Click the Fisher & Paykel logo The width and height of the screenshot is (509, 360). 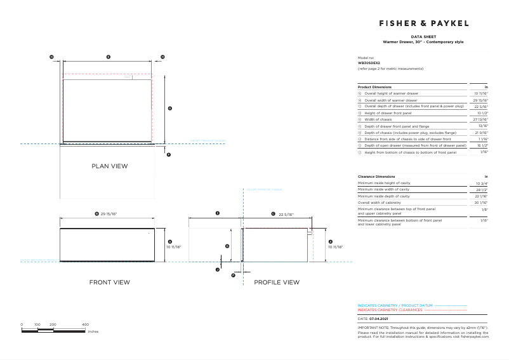pyautogui.click(x=424, y=23)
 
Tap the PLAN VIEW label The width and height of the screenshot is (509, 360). pyautogui.click(x=110, y=166)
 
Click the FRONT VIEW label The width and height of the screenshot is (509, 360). pyautogui.click(x=110, y=282)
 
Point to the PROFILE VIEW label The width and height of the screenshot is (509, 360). pyautogui.click(x=277, y=282)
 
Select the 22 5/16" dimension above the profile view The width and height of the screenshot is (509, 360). pyautogui.click(x=287, y=215)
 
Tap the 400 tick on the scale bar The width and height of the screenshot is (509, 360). pyautogui.click(x=86, y=324)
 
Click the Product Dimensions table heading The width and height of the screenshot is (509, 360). pyautogui.click(x=374, y=86)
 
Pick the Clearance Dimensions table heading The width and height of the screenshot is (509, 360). pyautogui.click(x=376, y=176)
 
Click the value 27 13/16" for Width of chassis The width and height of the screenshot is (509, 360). pyautogui.click(x=482, y=119)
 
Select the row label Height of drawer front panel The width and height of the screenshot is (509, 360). pyautogui.click(x=388, y=113)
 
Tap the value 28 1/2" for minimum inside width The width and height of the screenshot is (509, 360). pyautogui.click(x=482, y=189)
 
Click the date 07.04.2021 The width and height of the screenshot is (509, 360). pyautogui.click(x=380, y=318)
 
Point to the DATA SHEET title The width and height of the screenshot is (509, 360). pyautogui.click(x=423, y=38)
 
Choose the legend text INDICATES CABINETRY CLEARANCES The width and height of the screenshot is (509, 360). pyautogui.click(x=390, y=310)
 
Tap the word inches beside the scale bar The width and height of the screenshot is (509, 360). pyautogui.click(x=93, y=331)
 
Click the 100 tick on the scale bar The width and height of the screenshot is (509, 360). pyautogui.click(x=37, y=324)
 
